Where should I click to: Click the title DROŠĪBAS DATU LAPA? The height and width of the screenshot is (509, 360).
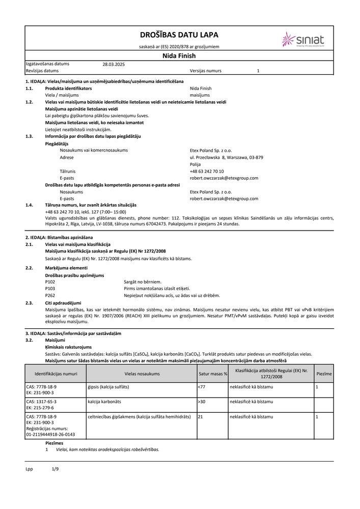pos(179,35)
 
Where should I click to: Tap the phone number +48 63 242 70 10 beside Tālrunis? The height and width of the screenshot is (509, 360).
pos(207,172)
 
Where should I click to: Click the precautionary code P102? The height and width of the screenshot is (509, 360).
pos(50,281)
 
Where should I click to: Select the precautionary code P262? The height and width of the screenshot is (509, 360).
pos(50,295)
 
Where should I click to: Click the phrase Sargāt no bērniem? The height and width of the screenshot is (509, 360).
pos(142,281)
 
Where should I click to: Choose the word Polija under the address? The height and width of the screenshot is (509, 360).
pos(195,164)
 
